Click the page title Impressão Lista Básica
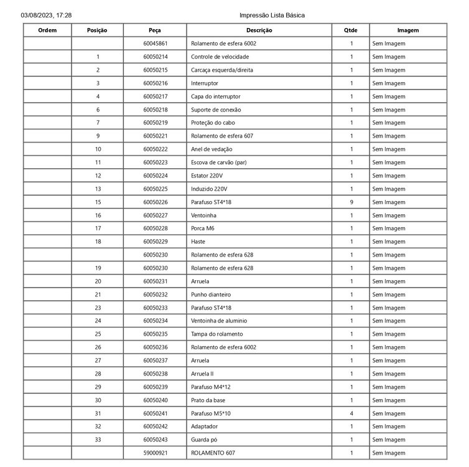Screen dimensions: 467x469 pyautogui.click(x=272, y=14)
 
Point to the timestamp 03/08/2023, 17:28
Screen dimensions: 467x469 pyautogui.click(x=46, y=14)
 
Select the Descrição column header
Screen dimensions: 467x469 pyautogui.click(x=259, y=30)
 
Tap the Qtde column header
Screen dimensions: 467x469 pyautogui.click(x=351, y=30)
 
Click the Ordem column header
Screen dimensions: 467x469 pyautogui.click(x=47, y=30)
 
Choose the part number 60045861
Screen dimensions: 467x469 pyautogui.click(x=156, y=44)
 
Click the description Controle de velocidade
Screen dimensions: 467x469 pyautogui.click(x=220, y=57)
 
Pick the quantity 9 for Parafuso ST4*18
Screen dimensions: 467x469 pyautogui.click(x=351, y=202)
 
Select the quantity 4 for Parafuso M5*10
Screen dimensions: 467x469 pyautogui.click(x=351, y=413)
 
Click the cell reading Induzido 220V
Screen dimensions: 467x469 pyautogui.click(x=209, y=189)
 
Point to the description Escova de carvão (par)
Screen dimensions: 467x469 pyautogui.click(x=219, y=163)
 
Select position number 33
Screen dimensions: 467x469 pyautogui.click(x=98, y=440)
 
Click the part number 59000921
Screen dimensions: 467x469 pyautogui.click(x=156, y=453)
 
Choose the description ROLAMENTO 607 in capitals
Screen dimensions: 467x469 pyautogui.click(x=213, y=453)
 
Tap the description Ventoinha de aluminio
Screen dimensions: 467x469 pyautogui.click(x=219, y=321)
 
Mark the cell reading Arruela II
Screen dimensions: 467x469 pyautogui.click(x=203, y=374)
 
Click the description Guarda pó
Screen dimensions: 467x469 pyautogui.click(x=203, y=440)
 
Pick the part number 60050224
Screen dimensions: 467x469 pyautogui.click(x=156, y=176)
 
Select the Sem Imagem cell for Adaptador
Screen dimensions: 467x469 pyautogui.click(x=389, y=427)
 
